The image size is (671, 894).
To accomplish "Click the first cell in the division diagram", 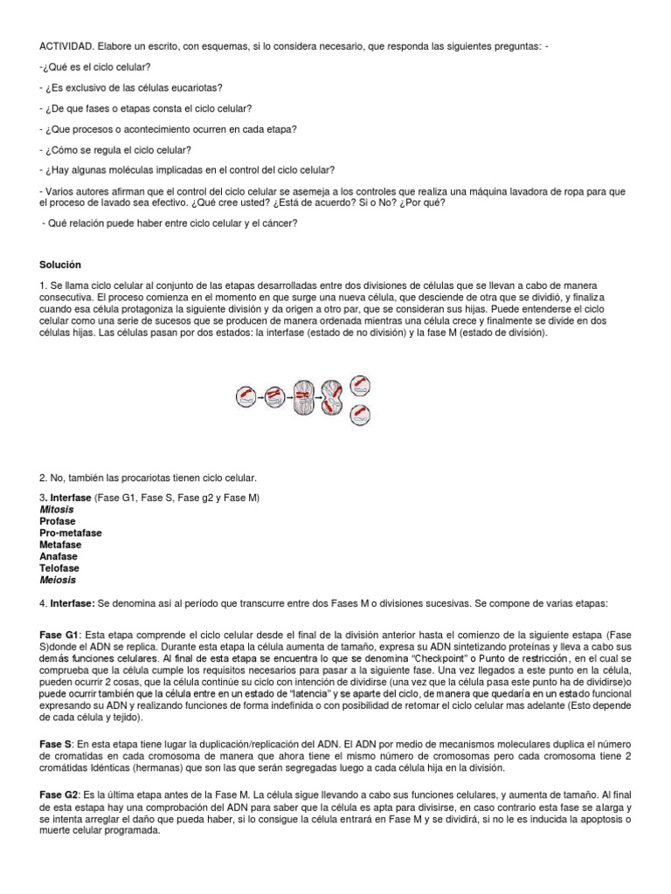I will pos(245,397).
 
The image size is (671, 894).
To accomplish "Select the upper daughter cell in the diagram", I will pos(359,384).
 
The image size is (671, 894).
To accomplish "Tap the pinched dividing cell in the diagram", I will pos(331,397).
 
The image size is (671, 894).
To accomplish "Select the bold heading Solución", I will pos(61,264).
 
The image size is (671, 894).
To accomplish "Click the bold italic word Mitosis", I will pos(57,508).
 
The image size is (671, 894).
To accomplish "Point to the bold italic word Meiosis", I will pos(58,580).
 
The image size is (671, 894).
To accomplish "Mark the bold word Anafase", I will pos(59,556).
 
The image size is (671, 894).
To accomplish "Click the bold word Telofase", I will pos(60,567).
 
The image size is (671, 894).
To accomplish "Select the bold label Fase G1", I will pos(59,632).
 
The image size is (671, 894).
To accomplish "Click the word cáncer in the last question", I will pos(276,223).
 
